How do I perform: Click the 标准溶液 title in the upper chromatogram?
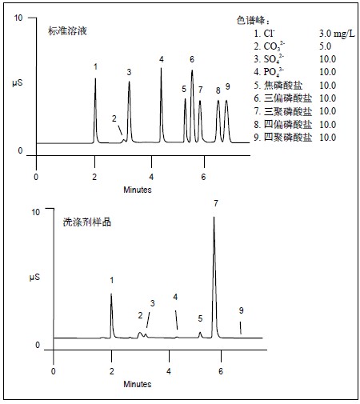click(67, 31)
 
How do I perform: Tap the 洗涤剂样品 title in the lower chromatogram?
click(87, 222)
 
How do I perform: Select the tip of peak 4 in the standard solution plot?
click(161, 68)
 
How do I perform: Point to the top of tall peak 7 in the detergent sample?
click(214, 218)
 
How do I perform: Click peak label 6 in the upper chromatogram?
click(192, 59)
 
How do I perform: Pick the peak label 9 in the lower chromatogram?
click(241, 310)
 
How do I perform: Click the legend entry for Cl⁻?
click(264, 34)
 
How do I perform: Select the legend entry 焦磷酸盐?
click(278, 86)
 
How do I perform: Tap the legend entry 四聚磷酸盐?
click(282, 138)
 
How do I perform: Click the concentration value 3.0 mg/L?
click(337, 34)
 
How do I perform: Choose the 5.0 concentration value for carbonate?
click(326, 46)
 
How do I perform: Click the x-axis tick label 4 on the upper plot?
click(151, 177)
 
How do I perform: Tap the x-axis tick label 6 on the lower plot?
click(221, 371)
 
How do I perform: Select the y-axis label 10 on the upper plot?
click(18, 18)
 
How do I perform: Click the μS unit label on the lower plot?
click(34, 278)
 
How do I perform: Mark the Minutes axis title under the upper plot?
click(138, 190)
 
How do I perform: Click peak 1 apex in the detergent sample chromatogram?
click(111, 294)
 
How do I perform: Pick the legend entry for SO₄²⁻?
click(269, 59)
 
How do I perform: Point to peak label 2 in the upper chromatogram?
click(114, 118)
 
